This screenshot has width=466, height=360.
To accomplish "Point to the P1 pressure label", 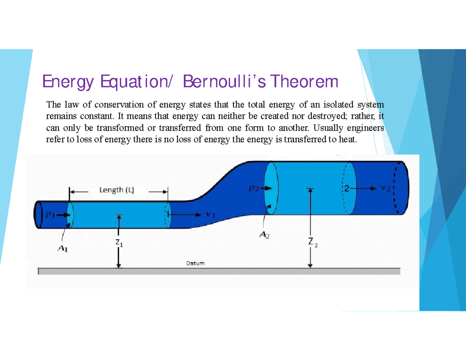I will pos(52,216).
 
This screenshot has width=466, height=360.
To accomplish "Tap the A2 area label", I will pos(265,235).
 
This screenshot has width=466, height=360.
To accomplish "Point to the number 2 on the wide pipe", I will pos(346,188).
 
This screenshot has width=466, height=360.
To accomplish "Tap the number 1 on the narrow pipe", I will pos(166,214).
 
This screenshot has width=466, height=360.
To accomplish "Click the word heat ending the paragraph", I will pos(347,139).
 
